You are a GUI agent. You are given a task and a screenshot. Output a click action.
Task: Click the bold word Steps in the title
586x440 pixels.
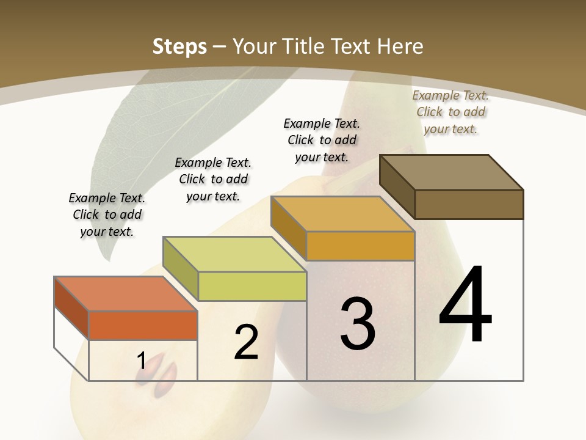[179, 46]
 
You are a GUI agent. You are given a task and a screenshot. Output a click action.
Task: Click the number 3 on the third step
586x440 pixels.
[358, 323]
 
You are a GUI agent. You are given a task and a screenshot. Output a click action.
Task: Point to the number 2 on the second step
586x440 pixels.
[246, 342]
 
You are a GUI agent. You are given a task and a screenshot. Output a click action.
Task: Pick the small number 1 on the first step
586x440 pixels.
[141, 361]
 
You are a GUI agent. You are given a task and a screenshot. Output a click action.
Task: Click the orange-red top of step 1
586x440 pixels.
[125, 293]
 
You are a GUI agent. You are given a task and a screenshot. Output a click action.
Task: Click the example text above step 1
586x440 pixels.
[107, 215]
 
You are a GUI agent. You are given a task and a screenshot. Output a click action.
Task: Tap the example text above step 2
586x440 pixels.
[213, 179]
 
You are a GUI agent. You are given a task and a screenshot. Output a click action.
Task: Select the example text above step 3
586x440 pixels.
[322, 140]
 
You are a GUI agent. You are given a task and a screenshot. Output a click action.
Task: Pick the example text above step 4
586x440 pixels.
[450, 112]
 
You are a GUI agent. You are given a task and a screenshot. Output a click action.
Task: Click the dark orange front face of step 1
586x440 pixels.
[143, 325]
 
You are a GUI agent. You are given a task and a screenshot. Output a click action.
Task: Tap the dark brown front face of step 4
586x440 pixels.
[469, 204]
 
